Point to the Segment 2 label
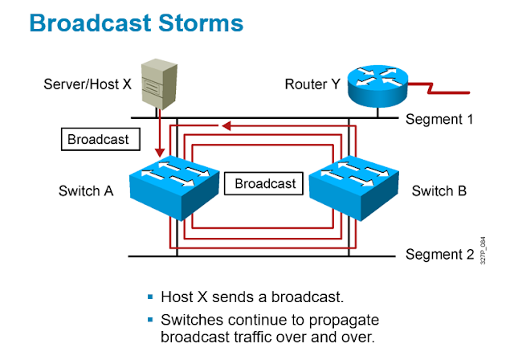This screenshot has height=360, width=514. [437, 256]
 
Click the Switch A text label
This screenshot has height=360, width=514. [85, 191]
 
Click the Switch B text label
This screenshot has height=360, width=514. [439, 191]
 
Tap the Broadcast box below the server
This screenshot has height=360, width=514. [98, 139]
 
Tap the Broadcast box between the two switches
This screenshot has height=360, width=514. [265, 183]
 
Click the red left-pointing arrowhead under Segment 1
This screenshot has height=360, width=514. [227, 125]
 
